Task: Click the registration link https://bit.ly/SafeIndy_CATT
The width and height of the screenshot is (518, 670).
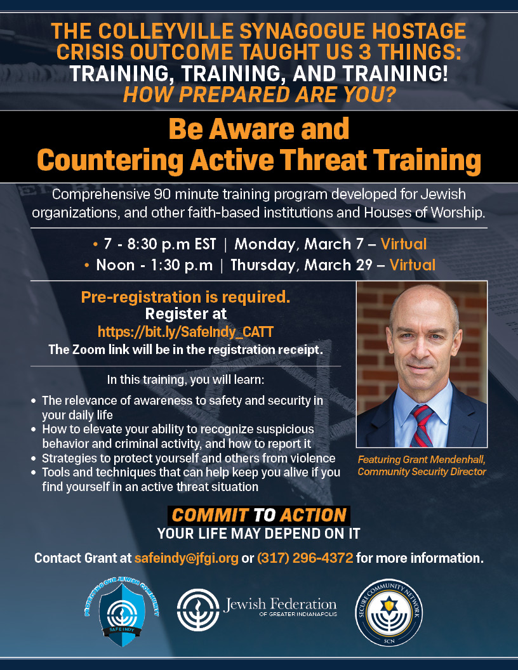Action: coord(185,332)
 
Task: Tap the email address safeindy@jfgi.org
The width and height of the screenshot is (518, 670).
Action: coord(187,558)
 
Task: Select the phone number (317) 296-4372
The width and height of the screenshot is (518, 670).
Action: coord(305,558)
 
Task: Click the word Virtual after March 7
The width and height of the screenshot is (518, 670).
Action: coord(404,244)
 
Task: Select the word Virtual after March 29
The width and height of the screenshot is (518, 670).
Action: coord(413,265)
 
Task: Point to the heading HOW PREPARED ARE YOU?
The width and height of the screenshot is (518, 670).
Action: coord(260,95)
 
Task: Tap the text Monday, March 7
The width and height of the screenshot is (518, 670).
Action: coord(299,244)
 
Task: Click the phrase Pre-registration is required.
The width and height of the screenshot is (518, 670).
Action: coord(185,297)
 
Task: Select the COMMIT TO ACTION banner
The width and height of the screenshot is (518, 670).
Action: coord(259,515)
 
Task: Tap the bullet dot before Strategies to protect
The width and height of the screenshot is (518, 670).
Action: coord(34,459)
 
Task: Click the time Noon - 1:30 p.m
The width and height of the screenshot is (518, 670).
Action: coord(154,265)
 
